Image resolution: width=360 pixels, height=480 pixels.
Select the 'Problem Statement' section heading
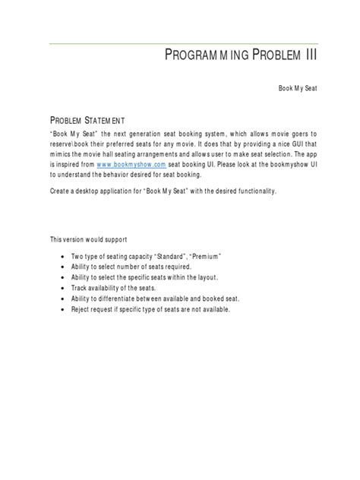(83, 120)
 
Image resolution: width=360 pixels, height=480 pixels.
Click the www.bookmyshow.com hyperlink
(131, 163)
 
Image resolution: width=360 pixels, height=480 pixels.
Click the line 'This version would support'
(84, 239)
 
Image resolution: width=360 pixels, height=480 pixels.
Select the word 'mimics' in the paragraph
(61, 153)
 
